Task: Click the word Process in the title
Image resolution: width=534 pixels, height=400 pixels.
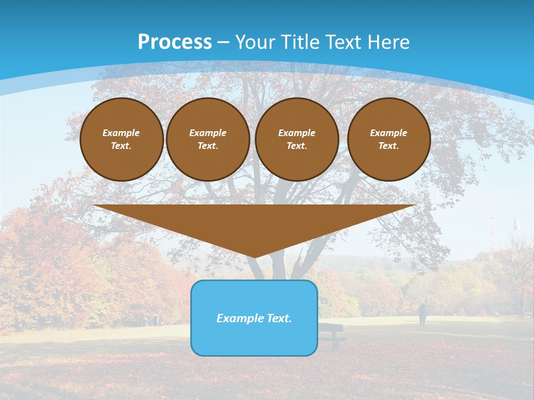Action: pos(175,42)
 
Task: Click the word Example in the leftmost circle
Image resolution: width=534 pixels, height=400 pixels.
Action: pos(121,133)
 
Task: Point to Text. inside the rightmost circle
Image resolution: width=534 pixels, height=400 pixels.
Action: pos(389,146)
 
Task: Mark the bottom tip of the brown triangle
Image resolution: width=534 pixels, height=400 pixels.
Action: pos(255,257)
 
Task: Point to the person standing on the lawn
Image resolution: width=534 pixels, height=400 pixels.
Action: pos(423,314)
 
